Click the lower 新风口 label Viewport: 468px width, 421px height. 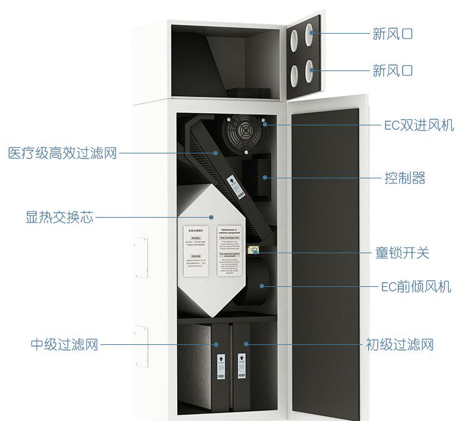coord(392,70)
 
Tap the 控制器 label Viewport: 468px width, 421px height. coord(404,178)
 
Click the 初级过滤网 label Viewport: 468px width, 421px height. coord(399,344)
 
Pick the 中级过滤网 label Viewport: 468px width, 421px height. coord(64,344)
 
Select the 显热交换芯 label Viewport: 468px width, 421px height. coord(59,218)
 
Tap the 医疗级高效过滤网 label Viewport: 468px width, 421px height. coord(62,153)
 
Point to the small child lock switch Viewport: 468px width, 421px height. coord(255,251)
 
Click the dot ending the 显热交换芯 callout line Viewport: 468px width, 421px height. coord(212,218)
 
